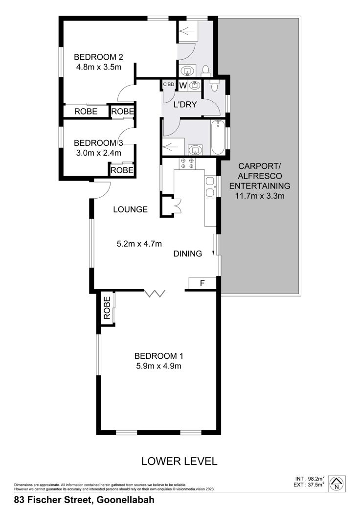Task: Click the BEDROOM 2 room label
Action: [99, 57]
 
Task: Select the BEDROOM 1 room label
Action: [159, 356]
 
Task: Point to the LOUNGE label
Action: [131, 209]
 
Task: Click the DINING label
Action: [188, 254]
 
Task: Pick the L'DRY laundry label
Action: [185, 105]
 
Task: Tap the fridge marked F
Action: [202, 283]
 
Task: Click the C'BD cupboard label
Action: [168, 84]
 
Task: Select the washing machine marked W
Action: [183, 85]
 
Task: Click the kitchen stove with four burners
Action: [187, 163]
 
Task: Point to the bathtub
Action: [218, 138]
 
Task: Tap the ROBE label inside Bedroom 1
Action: [107, 308]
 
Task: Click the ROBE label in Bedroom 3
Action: [122, 170]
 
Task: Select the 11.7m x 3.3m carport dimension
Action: [260, 196]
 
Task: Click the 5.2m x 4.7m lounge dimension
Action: [139, 243]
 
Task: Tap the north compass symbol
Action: [337, 484]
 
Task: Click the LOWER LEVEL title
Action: [180, 461]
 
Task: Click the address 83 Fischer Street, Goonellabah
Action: [84, 500]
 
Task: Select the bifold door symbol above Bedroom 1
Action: [155, 294]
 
